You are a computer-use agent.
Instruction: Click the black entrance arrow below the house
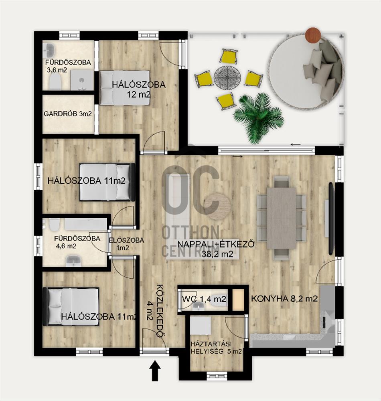coord(155,370)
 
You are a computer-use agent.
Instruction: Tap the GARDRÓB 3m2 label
coord(67,114)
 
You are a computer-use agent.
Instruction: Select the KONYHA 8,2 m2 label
coord(285,298)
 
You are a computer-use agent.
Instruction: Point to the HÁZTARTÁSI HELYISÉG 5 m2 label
coord(216,347)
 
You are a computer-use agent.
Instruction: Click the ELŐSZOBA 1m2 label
coord(126,244)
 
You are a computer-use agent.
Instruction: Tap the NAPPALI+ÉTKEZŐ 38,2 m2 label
coord(216,249)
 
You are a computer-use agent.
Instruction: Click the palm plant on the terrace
coord(258,117)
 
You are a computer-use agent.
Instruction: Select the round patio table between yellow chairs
coord(227,76)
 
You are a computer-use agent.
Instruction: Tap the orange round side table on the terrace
coord(313,34)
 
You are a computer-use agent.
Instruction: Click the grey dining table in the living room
coord(282,218)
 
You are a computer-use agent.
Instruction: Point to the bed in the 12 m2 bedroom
coord(124,88)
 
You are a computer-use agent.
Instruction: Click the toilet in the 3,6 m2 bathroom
coord(55,81)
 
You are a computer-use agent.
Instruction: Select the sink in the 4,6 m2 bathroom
coord(74,261)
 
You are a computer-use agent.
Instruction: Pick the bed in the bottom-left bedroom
coord(71,306)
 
